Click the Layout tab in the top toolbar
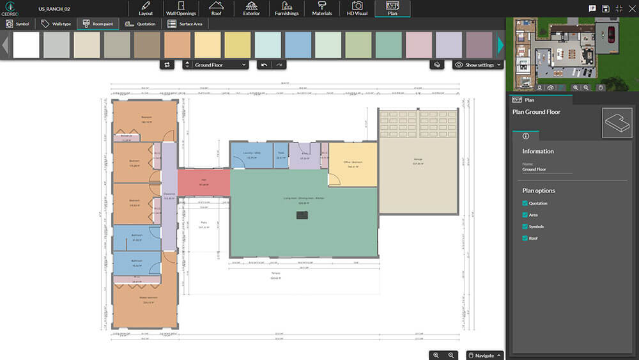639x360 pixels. [x=146, y=8]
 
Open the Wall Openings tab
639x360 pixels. [x=181, y=8]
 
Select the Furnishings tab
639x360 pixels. [x=286, y=8]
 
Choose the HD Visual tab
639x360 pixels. [x=357, y=8]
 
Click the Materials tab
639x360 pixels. [x=321, y=8]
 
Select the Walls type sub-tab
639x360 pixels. [x=56, y=24]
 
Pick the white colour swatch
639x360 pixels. [x=26, y=45]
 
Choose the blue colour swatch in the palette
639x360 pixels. [x=298, y=45]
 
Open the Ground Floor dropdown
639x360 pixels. [x=215, y=65]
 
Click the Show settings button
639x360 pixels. [x=478, y=65]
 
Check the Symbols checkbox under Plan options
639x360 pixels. [x=525, y=226]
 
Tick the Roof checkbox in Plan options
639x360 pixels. [x=525, y=238]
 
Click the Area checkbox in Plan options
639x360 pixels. [x=525, y=215]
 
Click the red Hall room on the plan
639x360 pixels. [x=203, y=182]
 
